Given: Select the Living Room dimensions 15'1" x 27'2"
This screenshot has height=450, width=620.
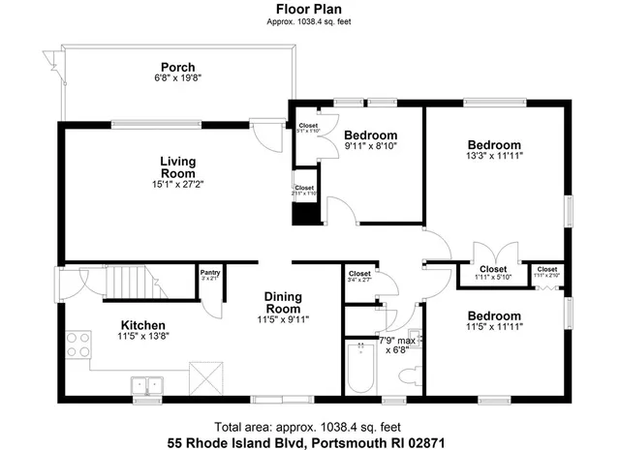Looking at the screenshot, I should [177, 184].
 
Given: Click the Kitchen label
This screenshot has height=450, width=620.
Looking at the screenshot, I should [142, 325].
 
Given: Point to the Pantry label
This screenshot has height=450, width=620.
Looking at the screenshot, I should [209, 274].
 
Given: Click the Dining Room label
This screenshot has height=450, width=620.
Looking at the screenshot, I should [283, 302].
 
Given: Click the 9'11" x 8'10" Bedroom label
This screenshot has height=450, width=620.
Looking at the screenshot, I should [370, 135].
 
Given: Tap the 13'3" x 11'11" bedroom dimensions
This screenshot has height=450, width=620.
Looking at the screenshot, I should [494, 155].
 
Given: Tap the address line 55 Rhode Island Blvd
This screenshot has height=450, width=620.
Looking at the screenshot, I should [310, 440].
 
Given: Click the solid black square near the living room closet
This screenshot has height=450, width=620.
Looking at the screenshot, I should [306, 213].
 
